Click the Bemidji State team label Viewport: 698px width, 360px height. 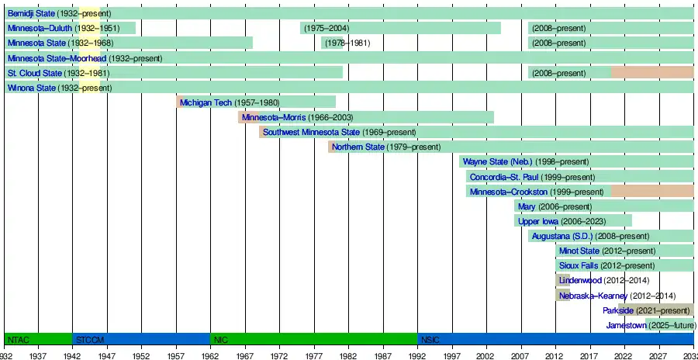coord(31,14)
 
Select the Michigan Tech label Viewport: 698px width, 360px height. coord(206,102)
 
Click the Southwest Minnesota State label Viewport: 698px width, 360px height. coord(311,132)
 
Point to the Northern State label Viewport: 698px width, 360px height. coord(358,147)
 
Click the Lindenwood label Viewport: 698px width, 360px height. coord(580,280)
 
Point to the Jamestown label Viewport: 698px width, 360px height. coord(625,325)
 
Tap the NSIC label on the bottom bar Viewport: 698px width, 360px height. coord(429,340)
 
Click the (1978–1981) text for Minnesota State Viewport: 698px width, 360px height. coord(347,43)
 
